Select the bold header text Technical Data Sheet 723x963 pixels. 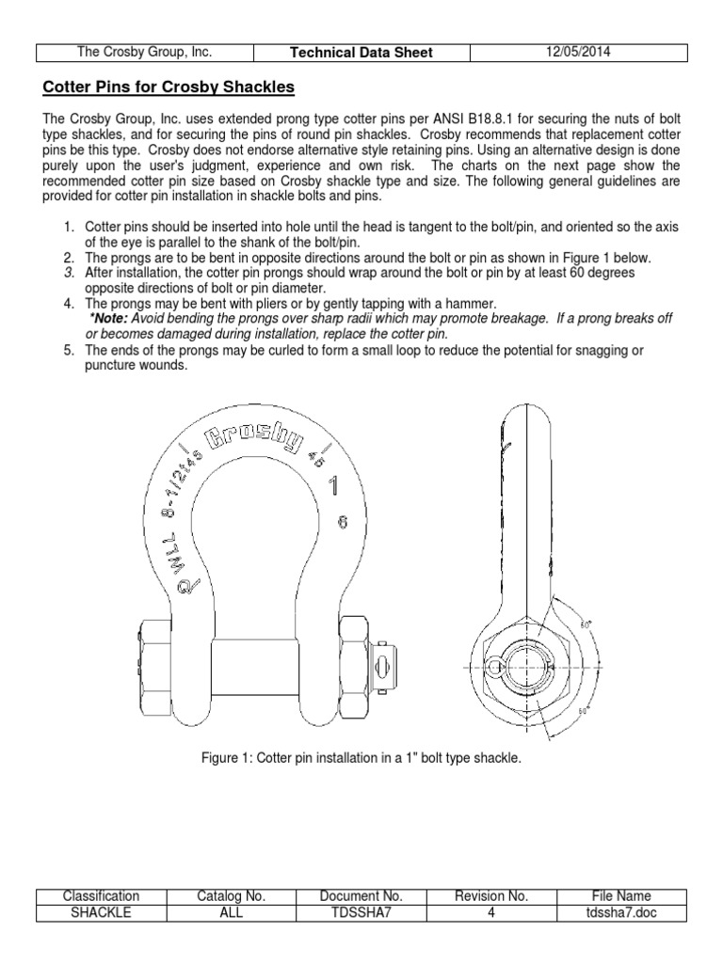[x=361, y=53]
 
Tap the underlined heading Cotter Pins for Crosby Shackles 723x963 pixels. [x=169, y=87]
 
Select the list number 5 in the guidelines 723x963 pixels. [x=68, y=351]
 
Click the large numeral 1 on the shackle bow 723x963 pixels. [x=332, y=486]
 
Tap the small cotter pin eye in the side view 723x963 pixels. [x=495, y=666]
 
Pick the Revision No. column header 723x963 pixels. [x=492, y=896]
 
